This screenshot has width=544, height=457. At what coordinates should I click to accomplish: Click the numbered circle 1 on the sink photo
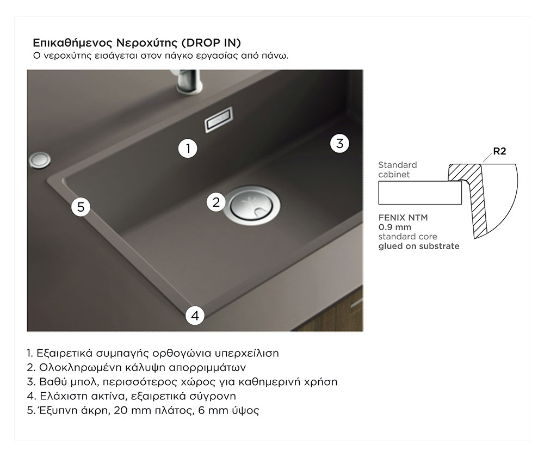(188, 149)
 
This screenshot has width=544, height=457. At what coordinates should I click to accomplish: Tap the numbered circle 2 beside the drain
(216, 202)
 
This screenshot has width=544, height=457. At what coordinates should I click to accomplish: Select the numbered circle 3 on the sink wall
(339, 143)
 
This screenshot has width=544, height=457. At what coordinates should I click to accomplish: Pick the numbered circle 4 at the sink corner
(195, 316)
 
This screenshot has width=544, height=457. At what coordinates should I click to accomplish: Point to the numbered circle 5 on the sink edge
(81, 207)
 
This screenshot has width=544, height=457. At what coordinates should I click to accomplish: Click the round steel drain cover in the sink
(251, 203)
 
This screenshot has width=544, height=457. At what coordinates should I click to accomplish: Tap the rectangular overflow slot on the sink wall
(219, 119)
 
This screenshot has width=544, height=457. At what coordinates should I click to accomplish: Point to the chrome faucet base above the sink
(188, 82)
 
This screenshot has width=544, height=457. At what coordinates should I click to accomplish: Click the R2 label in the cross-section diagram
(499, 151)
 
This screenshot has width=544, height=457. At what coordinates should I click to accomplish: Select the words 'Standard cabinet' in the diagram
(398, 170)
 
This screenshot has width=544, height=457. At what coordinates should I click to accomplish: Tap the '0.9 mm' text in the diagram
(395, 227)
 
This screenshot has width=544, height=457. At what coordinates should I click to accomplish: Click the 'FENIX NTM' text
(403, 218)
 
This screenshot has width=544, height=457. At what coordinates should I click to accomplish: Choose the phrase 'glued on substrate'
(419, 246)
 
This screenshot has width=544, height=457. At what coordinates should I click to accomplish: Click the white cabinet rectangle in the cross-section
(420, 193)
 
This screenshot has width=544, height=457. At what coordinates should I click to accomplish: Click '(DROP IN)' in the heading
(211, 42)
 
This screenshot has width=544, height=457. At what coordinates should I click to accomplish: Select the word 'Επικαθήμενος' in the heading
(73, 43)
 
